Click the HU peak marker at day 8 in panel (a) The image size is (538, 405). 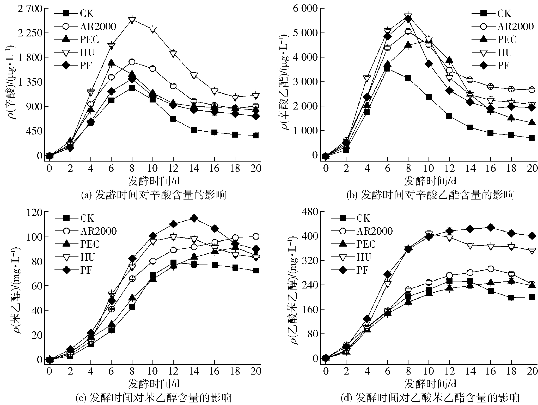click(x=132, y=20)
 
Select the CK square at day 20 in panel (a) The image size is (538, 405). click(x=256, y=135)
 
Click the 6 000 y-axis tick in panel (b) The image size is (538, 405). click(x=305, y=9)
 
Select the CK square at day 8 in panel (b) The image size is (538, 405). click(x=408, y=78)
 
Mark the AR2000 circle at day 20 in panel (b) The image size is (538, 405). click(x=532, y=90)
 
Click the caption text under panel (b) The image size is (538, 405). click(x=430, y=195)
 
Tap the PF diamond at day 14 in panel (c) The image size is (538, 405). click(x=194, y=218)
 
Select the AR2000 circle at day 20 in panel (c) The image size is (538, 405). click(x=256, y=236)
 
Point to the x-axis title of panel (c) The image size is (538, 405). click(x=154, y=384)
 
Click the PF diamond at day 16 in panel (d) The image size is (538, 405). click(x=491, y=227)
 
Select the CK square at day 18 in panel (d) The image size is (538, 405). click(x=511, y=298)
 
